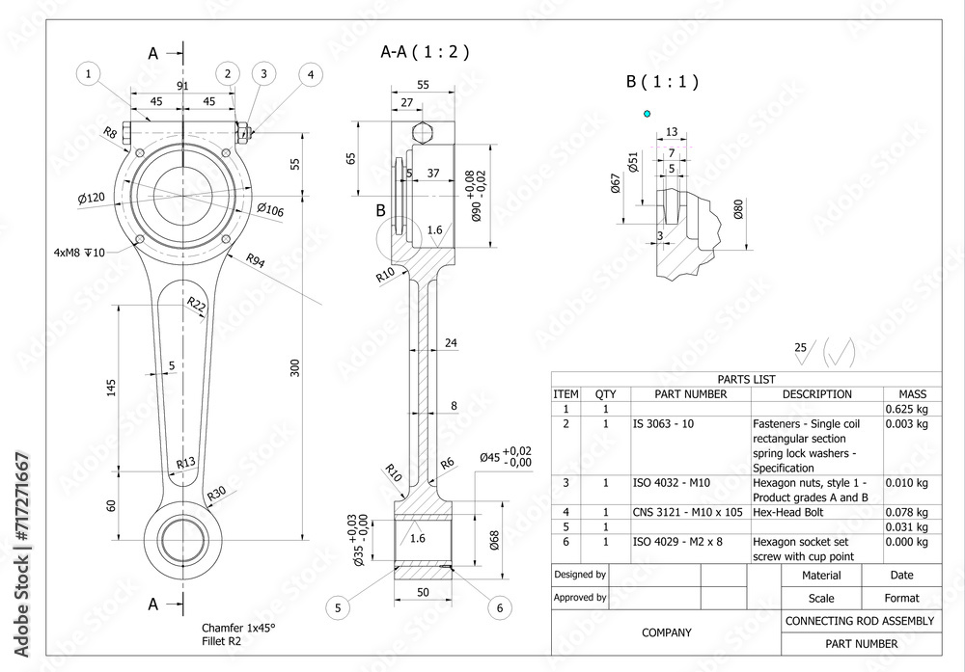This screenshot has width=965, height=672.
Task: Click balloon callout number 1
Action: [x=89, y=73]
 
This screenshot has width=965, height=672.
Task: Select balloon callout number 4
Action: [x=310, y=73]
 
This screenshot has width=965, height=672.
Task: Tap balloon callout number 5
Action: [x=338, y=607]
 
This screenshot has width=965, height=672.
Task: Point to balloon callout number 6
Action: [x=499, y=607]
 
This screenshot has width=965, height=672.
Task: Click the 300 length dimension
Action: [x=295, y=367]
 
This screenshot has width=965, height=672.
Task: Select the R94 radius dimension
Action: [x=256, y=260]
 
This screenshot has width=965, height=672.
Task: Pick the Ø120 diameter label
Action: [x=92, y=199]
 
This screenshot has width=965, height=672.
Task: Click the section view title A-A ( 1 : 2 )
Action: [x=425, y=52]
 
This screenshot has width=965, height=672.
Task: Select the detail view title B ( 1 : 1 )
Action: [x=662, y=82]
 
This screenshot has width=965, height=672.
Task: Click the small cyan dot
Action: [x=647, y=114]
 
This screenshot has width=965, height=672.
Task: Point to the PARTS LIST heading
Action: [x=746, y=380]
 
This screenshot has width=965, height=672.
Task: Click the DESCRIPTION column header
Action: [x=816, y=394]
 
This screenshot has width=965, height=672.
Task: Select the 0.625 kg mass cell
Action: [x=906, y=409]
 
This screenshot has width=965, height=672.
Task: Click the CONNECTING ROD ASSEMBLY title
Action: [x=860, y=621]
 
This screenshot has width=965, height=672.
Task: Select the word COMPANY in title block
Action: [x=666, y=632]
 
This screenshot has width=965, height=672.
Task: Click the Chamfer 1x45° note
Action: [x=238, y=628]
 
